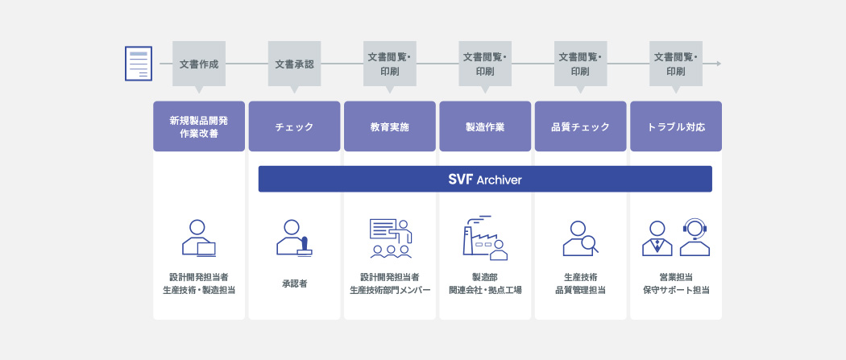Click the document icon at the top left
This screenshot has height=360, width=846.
coord(138,64)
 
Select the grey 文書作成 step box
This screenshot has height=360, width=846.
coord(198,64)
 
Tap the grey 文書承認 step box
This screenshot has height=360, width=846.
coord(294,64)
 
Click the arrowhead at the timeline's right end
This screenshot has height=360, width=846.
coord(717,63)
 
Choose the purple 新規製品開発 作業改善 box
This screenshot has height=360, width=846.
coord(199,126)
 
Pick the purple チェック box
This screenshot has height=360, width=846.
coord(294,126)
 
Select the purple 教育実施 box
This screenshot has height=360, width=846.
coord(390,126)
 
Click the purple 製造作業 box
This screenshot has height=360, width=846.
coord(485,126)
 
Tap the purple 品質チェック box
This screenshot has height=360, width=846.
coord(580,126)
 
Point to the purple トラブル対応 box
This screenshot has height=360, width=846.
coord(675,126)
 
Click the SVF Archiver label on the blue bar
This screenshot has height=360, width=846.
coord(485,180)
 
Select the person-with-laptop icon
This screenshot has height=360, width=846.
coord(198,238)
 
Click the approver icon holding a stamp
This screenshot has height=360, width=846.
coord(294,238)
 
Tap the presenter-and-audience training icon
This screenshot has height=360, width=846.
coord(390,238)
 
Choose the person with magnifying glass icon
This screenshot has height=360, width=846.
coord(580,238)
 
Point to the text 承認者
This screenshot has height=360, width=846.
coord(294,283)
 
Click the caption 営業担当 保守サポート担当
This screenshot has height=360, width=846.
coord(675,283)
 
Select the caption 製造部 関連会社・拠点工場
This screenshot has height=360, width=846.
coord(485,283)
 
